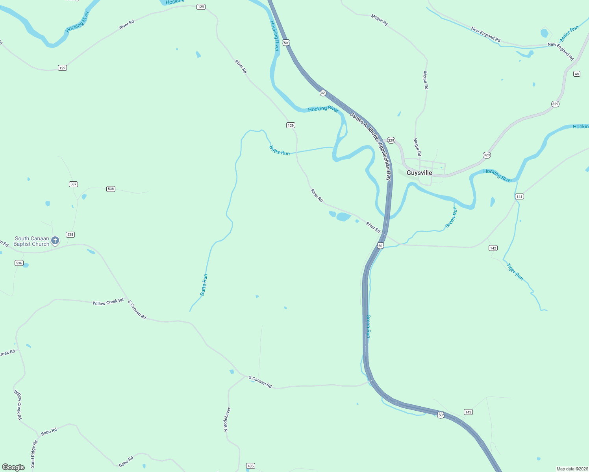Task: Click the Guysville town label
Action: [419, 173]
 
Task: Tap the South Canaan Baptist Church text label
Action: [31, 241]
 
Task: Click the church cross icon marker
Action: [55, 240]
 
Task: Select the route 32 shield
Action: [323, 93]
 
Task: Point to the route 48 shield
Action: [576, 74]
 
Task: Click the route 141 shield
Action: [519, 196]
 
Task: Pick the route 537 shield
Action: [73, 184]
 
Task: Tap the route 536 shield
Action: [19, 263]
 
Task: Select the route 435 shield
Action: [250, 466]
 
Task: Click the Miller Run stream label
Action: [569, 33]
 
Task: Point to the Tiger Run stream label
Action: [515, 272]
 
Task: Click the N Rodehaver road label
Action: [227, 419]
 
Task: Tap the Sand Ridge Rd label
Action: [34, 454]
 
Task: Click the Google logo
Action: [13, 467]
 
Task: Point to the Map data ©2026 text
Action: [572, 469]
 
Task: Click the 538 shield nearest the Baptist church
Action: [70, 234]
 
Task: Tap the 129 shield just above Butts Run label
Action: [291, 125]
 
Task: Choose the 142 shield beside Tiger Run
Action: [493, 248]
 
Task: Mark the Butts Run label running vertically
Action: [204, 285]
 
